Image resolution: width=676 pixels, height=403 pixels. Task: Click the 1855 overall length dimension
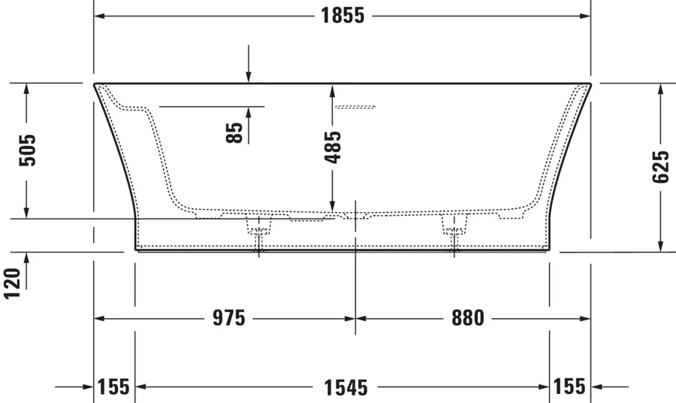pyautogui.click(x=343, y=16)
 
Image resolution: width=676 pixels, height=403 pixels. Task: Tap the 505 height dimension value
pyautogui.click(x=28, y=150)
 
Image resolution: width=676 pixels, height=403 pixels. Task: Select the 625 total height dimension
pyautogui.click(x=660, y=167)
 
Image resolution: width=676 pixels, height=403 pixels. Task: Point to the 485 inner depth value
pyautogui.click(x=333, y=147)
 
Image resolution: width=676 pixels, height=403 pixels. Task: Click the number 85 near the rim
pyautogui.click(x=234, y=133)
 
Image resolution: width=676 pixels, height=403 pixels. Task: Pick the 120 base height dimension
pyautogui.click(x=12, y=283)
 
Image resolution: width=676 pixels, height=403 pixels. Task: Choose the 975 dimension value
pyautogui.click(x=229, y=319)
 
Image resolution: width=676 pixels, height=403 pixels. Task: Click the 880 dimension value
pyautogui.click(x=468, y=319)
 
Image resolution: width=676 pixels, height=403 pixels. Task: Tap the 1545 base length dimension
pyautogui.click(x=346, y=387)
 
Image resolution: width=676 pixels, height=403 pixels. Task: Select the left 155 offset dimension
pyautogui.click(x=113, y=386)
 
